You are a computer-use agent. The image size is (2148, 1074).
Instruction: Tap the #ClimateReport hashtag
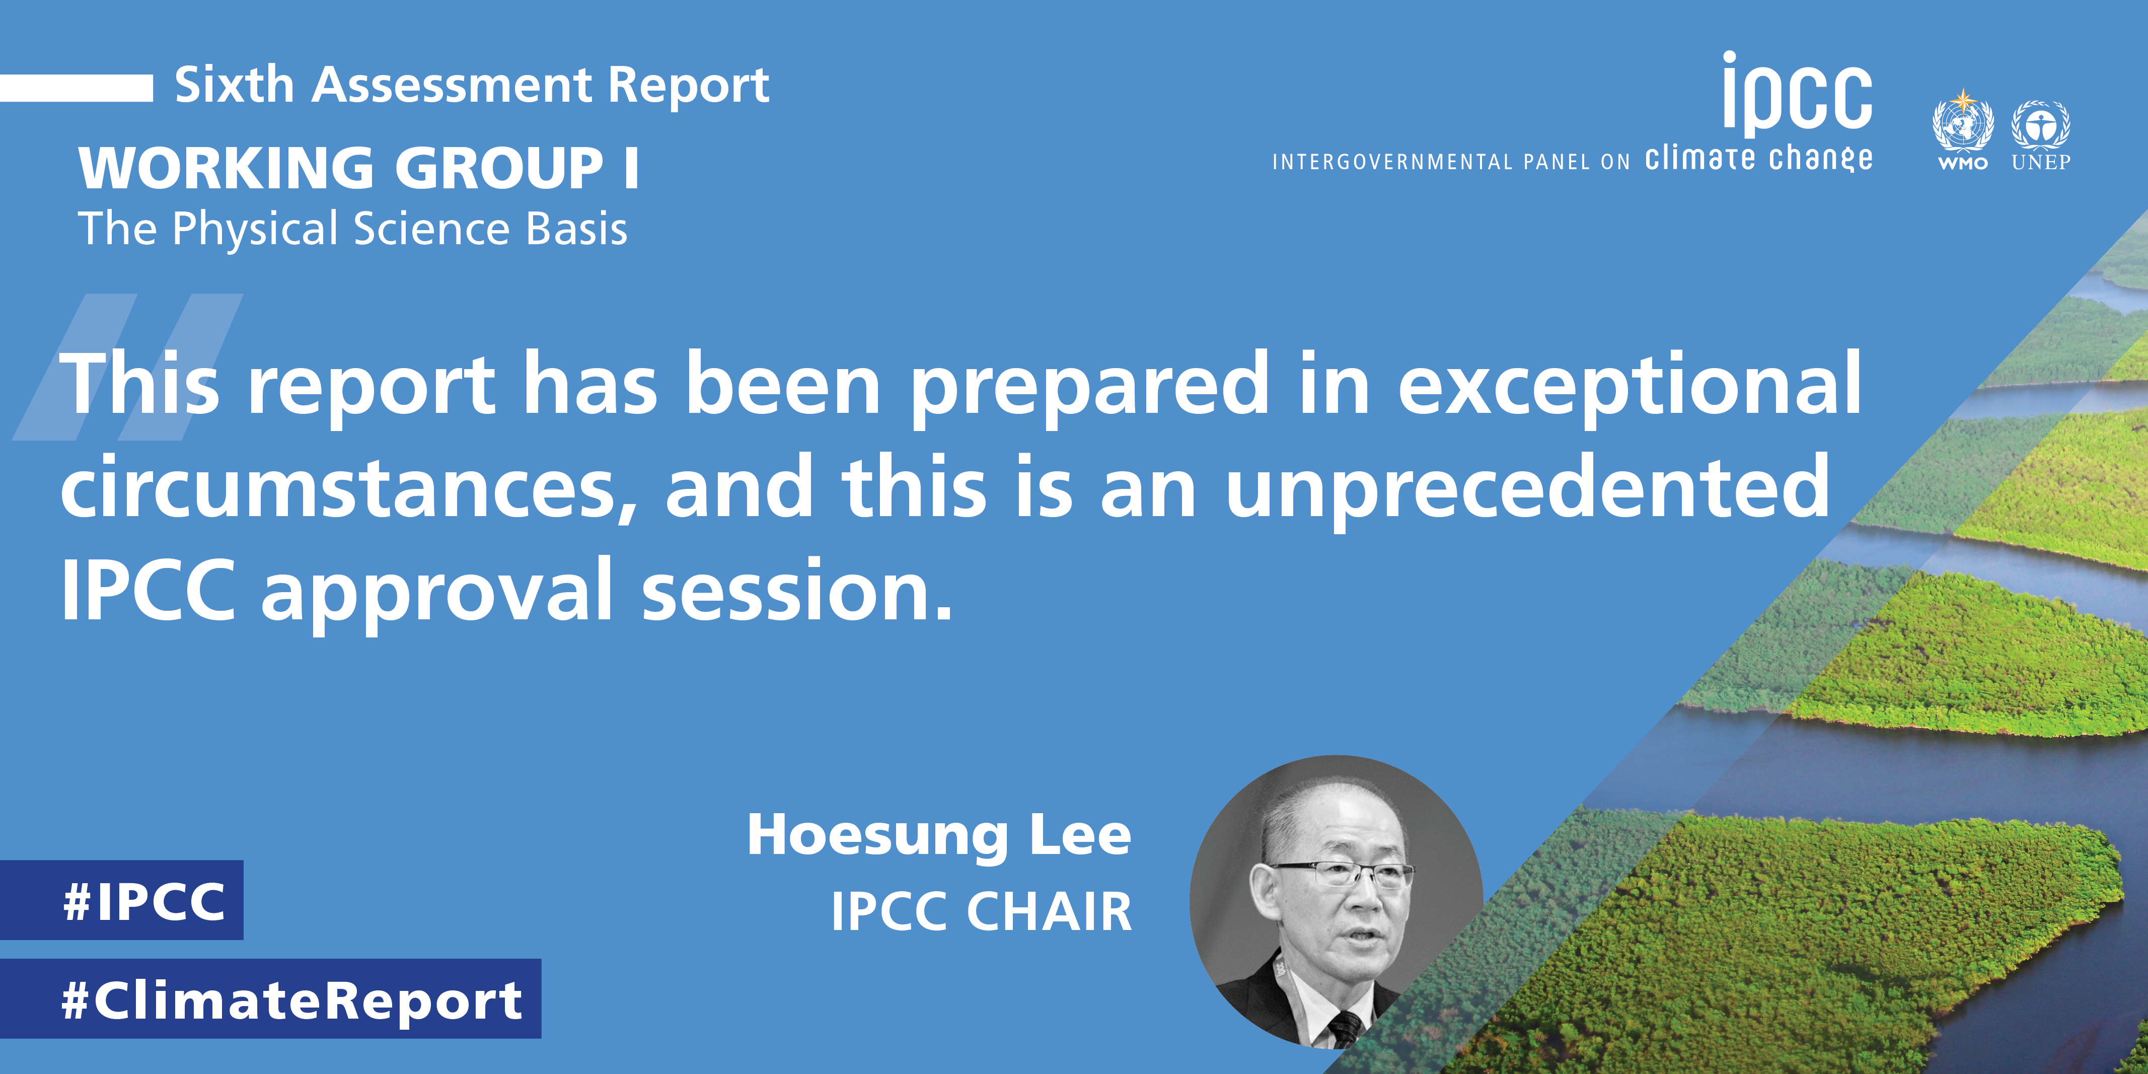click(x=270, y=998)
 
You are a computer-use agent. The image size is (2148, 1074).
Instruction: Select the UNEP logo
click(x=2040, y=135)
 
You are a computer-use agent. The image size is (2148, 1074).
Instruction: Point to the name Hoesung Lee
click(x=939, y=835)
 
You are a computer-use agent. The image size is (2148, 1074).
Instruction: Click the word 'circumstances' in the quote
click(x=348, y=488)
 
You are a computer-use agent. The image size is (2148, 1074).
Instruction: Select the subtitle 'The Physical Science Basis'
click(x=353, y=229)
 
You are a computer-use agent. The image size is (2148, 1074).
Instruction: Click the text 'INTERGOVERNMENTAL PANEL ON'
click(x=1451, y=162)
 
